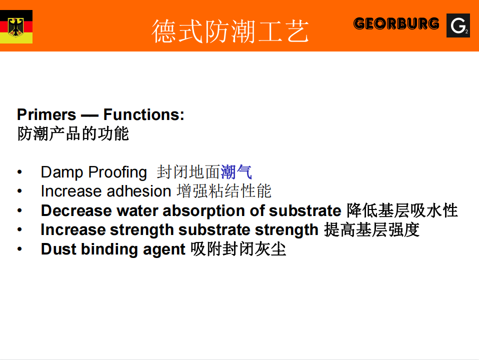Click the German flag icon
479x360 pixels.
coord(16,26)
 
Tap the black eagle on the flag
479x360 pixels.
coord(16,27)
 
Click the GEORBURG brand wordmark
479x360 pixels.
coord(396,24)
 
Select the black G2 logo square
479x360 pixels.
coord(458,25)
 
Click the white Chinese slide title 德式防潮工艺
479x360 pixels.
coord(230,31)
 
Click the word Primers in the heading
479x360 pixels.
coord(46,114)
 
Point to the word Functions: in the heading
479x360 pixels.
coord(144,114)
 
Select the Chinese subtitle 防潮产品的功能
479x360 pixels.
coord(73,134)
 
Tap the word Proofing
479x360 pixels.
coord(117,172)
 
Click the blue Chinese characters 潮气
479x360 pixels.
coord(236,172)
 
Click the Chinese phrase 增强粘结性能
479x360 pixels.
coord(224,191)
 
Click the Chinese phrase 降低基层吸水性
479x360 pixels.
coord(402,210)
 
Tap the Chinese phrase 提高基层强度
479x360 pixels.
coord(371,230)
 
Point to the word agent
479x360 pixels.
coord(164,249)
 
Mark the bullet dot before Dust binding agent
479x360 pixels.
coord(19,249)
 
